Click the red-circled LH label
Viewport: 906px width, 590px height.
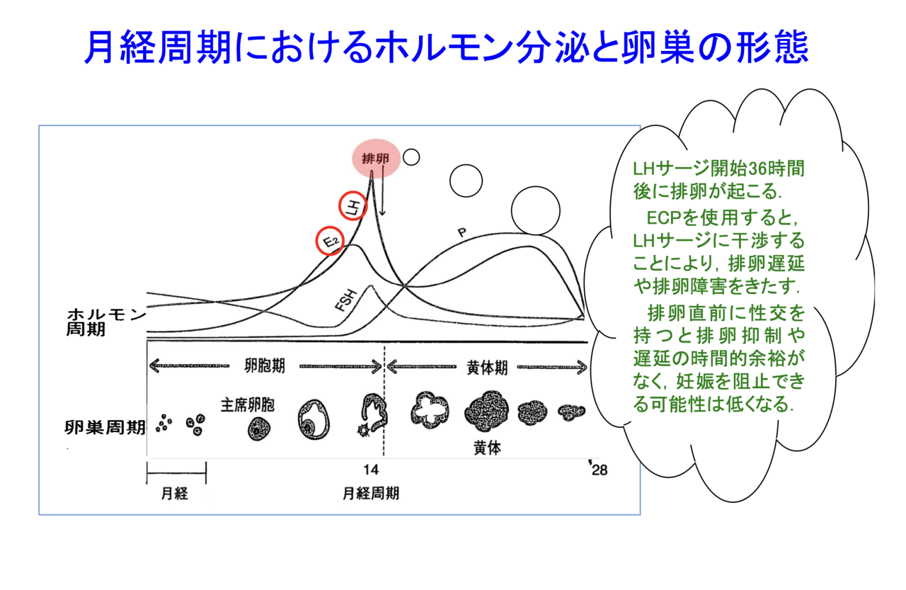352,206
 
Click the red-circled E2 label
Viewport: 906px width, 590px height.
330,241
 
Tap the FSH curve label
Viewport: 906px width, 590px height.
346,300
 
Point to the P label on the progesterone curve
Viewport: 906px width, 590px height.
462,232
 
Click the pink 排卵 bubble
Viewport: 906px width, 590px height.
376,158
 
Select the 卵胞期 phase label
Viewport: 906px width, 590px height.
265,365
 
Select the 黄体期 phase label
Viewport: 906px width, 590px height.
487,368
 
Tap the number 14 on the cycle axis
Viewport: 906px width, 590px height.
371,470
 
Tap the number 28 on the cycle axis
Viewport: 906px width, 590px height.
600,470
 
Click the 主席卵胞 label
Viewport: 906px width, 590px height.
248,404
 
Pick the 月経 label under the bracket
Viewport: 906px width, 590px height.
175,493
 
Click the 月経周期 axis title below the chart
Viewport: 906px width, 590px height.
371,493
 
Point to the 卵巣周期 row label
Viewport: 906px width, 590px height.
105,427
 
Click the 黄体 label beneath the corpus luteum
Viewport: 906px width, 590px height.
488,448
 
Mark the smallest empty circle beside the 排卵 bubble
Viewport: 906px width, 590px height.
411,157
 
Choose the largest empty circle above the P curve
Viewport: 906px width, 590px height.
536,210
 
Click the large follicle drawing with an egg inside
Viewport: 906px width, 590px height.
314,419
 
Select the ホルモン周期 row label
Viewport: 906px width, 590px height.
106,322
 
